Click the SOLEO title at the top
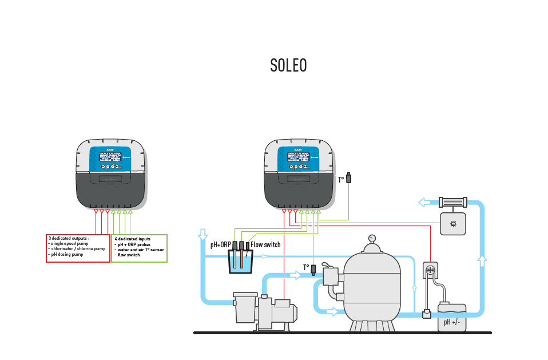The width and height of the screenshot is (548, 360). pos(288,66)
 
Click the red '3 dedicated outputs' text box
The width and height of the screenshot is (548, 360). pos(78,248)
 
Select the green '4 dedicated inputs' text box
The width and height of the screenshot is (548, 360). pos(139,248)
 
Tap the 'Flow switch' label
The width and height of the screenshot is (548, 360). pos(265,245)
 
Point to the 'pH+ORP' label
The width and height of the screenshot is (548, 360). pos(220,245)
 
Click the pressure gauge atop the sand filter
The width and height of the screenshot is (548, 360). pos(372,238)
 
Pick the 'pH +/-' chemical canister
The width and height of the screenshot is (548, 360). pos(452,318)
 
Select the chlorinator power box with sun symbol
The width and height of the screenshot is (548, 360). pos(453,224)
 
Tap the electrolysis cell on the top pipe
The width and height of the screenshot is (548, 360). pos(452,202)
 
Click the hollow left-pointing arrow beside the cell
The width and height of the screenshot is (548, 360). pos(425,202)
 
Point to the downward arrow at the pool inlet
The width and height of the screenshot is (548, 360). pos(202,235)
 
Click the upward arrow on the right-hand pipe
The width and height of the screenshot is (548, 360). pos(482,262)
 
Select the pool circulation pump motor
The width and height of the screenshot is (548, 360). pos(283,312)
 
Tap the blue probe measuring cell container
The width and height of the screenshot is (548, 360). pos(240,263)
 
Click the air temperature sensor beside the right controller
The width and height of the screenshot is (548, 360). pos(350,179)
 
